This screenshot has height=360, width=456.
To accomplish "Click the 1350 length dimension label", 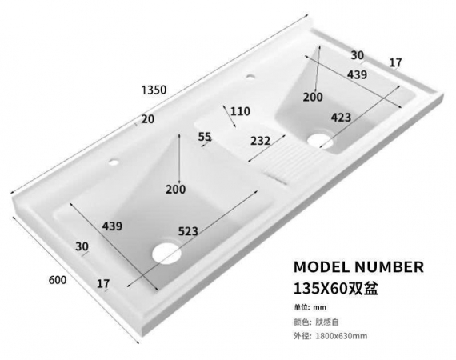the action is [154, 90].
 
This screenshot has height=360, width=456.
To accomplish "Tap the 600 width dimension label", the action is [58, 280].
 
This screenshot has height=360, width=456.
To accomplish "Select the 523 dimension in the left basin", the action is [188, 231].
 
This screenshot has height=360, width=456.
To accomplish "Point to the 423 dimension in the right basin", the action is [341, 118].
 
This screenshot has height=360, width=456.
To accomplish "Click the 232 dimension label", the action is [260, 141].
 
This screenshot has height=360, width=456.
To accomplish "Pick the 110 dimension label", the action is [240, 111].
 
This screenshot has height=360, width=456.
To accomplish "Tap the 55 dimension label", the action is [205, 136].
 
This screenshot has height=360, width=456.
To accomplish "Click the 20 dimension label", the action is [148, 119].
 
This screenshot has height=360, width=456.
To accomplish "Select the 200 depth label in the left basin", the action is [176, 190].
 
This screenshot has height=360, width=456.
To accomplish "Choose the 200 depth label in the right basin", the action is [313, 97].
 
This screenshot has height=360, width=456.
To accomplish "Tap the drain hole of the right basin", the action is [320, 141].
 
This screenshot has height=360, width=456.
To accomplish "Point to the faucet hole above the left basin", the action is [114, 162].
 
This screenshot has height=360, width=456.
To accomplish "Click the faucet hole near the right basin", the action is [250, 77].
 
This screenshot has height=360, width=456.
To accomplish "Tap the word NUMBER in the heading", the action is [389, 267].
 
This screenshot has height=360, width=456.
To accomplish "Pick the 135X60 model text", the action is [321, 289].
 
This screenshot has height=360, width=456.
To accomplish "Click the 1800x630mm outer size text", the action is [341, 336].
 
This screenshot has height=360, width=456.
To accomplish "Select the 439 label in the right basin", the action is [357, 74].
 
